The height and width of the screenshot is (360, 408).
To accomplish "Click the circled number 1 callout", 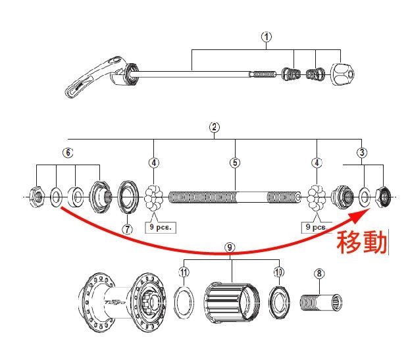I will [266, 37].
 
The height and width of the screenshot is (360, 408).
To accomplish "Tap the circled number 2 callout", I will [213, 126].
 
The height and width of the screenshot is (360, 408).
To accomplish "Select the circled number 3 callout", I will [361, 152].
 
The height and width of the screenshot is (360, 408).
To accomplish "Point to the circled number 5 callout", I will [234, 163].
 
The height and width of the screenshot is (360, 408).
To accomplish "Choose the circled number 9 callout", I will [230, 247].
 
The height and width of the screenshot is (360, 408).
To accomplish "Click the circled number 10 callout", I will [279, 271].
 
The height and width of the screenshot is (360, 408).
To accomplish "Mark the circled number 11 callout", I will [184, 271].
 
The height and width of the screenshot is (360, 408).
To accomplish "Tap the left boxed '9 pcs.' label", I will [160, 228].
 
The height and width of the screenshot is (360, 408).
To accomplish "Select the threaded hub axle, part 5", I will [234, 196].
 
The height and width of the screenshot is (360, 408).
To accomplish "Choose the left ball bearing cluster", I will [154, 196].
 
